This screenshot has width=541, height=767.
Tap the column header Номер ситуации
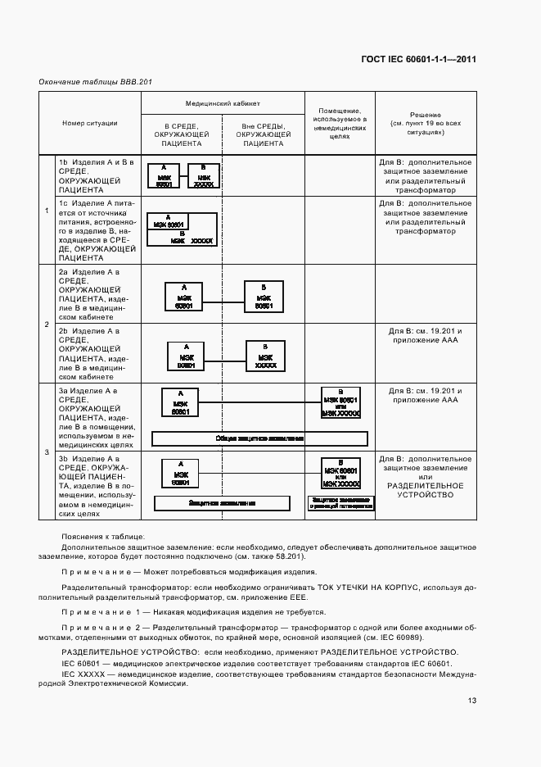(89, 123)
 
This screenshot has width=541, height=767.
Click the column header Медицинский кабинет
(223, 104)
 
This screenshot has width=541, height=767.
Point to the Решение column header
(425, 123)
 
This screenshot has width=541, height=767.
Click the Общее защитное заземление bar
(259, 438)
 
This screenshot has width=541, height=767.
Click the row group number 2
(46, 324)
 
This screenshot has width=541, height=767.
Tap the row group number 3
(46, 452)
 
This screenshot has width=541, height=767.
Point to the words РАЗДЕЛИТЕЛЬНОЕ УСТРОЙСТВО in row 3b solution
(425, 490)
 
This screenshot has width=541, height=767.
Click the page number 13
(472, 700)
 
